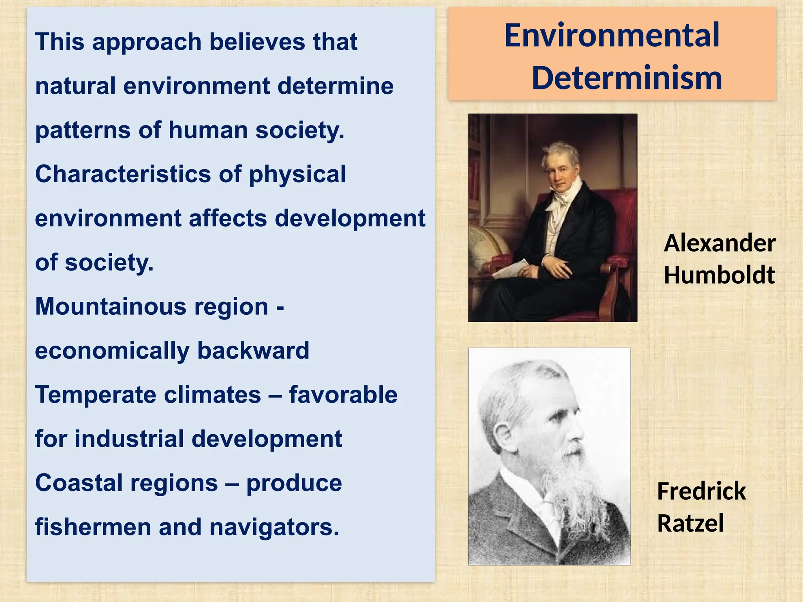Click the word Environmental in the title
click(612, 36)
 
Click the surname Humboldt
click(719, 275)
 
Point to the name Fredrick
click(701, 491)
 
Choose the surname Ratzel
click(690, 524)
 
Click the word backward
click(253, 351)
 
